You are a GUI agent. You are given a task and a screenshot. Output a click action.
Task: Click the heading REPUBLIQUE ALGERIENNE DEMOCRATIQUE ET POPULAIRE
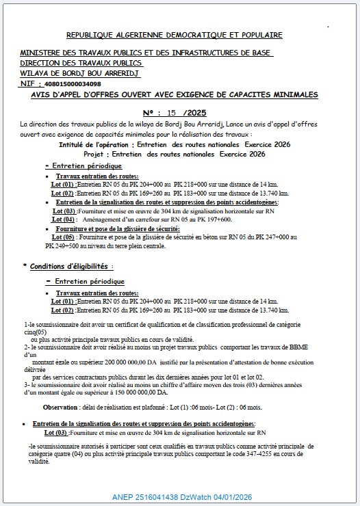click(x=173, y=34)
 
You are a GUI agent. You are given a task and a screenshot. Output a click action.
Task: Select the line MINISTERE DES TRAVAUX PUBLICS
click(x=146, y=53)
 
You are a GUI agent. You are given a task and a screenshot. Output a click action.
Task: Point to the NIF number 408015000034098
click(x=75, y=82)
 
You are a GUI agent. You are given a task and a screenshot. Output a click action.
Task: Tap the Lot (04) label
click(x=64, y=219)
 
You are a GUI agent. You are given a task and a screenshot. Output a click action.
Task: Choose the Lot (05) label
click(x=57, y=237)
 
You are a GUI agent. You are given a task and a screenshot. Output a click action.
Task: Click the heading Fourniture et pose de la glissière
click(x=110, y=228)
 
